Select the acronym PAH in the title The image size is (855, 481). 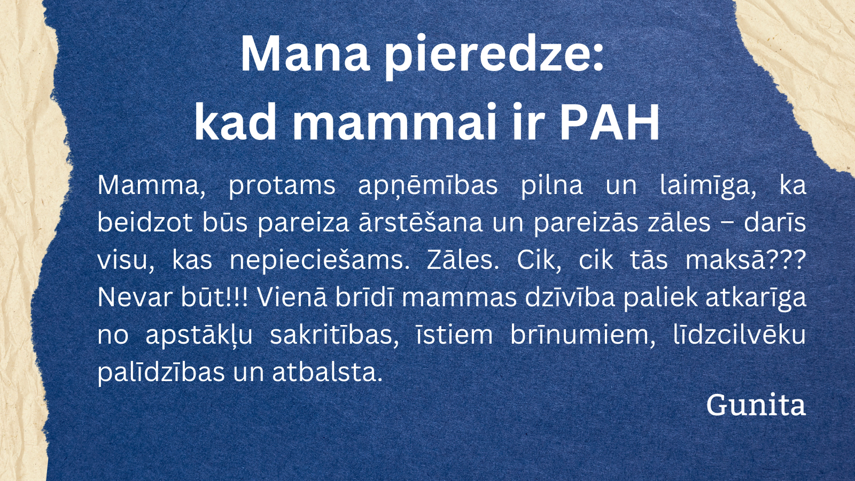[x=609, y=122]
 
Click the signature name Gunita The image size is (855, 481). [x=756, y=405]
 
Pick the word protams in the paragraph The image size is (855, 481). [x=282, y=186]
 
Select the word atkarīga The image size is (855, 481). [x=756, y=298]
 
